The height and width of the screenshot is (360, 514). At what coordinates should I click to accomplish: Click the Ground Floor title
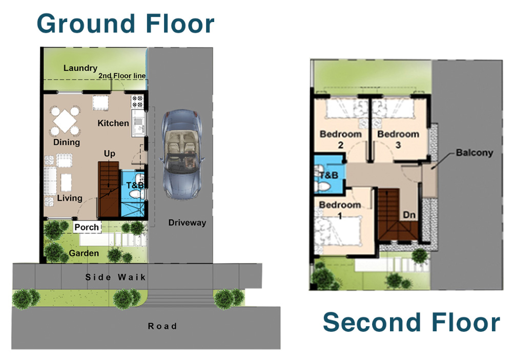pos(126,24)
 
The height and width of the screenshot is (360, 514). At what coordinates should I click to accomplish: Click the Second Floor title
pos(412,322)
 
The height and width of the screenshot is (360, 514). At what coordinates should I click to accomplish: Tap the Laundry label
pos(80,68)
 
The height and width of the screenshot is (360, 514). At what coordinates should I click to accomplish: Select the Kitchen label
pos(113,123)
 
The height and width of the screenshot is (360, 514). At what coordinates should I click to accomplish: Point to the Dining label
pos(67,142)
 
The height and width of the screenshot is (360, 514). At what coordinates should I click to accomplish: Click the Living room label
pos(70,198)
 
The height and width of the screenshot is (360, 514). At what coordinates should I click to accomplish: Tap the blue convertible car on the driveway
pos(182,154)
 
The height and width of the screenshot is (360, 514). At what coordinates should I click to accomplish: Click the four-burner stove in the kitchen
pos(137,101)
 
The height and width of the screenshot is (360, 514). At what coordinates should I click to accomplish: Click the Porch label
pos(87,227)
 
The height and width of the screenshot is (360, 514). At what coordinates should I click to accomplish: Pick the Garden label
pos(84,253)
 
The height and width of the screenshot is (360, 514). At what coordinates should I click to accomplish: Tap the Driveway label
pos(187,223)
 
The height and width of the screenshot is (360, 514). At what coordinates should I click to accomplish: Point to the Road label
pos(162,326)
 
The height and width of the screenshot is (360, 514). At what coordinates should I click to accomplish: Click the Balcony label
pos(475,153)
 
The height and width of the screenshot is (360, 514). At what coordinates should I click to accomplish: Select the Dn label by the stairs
pos(409,215)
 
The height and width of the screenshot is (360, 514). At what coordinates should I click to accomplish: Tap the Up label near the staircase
pos(110,154)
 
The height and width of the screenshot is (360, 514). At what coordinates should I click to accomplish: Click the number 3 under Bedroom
pos(398,145)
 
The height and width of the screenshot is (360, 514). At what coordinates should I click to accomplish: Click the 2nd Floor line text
pos(122,76)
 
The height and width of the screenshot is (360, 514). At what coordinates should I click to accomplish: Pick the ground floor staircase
pos(109,189)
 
